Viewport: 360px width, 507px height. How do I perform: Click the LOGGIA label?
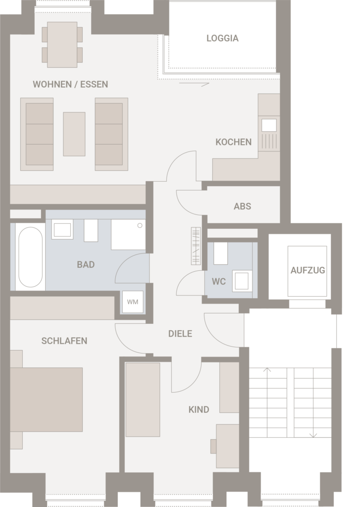(x=222, y=38)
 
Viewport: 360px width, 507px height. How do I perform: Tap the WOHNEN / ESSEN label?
(x=70, y=84)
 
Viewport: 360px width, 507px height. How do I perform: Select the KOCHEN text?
(x=234, y=142)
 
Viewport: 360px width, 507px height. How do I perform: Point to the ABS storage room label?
(x=242, y=206)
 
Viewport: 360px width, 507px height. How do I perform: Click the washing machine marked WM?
(x=133, y=302)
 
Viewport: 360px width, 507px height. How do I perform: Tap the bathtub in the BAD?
(x=30, y=257)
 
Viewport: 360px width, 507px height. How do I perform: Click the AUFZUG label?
(x=308, y=270)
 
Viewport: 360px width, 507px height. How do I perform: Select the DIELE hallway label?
(x=180, y=334)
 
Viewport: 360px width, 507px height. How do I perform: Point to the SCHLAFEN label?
(x=64, y=341)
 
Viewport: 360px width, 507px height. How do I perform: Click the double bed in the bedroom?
(x=46, y=400)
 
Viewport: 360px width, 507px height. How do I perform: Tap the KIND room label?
(x=199, y=409)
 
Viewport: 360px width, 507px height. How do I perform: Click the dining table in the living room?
(x=62, y=45)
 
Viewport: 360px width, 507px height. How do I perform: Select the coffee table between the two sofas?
(x=74, y=134)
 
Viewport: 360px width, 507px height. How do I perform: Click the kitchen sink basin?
(x=269, y=125)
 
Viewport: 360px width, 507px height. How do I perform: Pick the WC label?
(x=219, y=282)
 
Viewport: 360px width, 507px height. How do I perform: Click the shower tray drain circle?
(x=140, y=225)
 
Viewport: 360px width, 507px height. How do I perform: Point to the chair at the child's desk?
(x=213, y=446)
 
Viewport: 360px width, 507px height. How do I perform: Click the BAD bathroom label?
(x=86, y=264)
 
